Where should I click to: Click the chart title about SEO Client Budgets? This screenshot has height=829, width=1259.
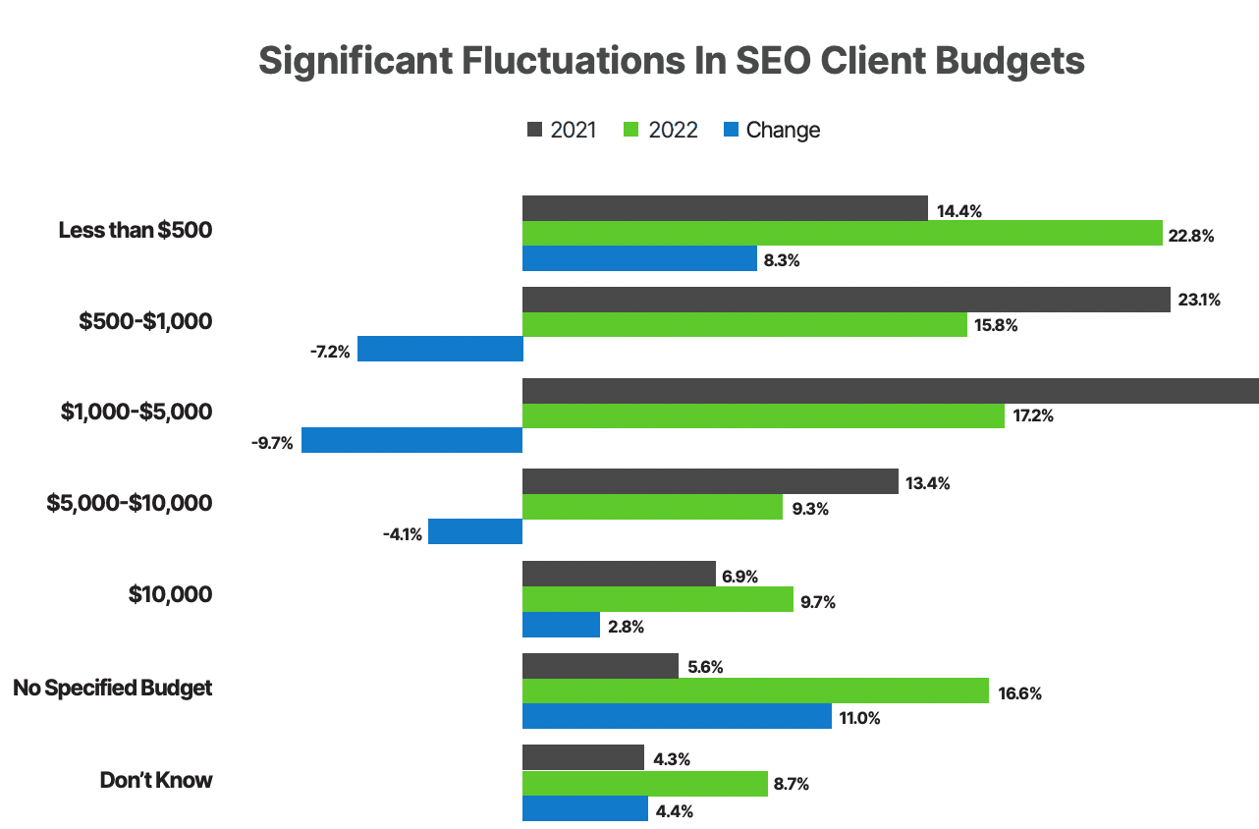(x=672, y=61)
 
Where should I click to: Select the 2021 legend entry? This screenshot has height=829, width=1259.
(x=562, y=130)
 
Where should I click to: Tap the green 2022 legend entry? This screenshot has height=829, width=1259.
(x=661, y=130)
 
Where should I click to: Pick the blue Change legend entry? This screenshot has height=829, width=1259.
(x=771, y=130)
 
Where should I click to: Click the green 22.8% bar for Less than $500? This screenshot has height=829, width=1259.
(x=842, y=234)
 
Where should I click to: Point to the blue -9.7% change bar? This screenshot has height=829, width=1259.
(x=411, y=440)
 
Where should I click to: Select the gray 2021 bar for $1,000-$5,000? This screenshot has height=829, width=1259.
(x=890, y=391)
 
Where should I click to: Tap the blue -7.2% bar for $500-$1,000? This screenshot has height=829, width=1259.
(x=440, y=349)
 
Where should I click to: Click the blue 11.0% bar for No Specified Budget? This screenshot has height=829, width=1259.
(x=677, y=716)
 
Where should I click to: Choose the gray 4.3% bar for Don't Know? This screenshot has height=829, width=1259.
(x=582, y=757)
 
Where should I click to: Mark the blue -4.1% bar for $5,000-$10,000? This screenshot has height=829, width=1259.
(x=475, y=532)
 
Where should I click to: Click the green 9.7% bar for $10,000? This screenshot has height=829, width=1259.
(x=657, y=599)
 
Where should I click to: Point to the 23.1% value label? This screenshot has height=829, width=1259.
(x=1199, y=301)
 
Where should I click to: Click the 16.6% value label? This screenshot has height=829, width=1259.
(x=1019, y=693)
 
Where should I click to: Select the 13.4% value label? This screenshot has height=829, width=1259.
(x=928, y=483)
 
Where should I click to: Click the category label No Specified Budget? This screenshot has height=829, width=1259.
(x=113, y=688)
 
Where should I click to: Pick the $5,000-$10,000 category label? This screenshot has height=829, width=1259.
(x=130, y=503)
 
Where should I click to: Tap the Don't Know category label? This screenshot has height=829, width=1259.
(x=156, y=780)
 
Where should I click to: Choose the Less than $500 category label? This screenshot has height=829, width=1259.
(x=136, y=230)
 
